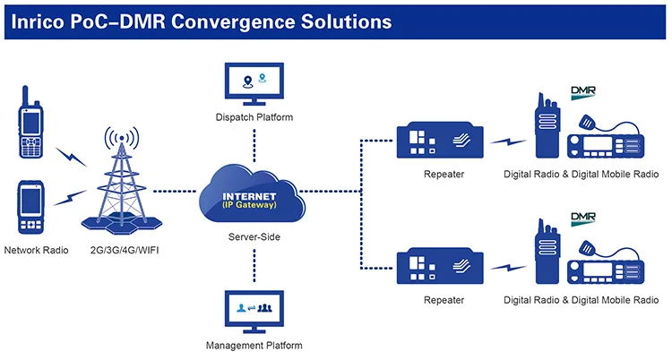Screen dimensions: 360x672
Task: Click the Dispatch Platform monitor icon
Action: (254, 83)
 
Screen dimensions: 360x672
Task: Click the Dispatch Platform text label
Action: (254, 117)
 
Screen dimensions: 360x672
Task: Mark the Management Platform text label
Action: (254, 345)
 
